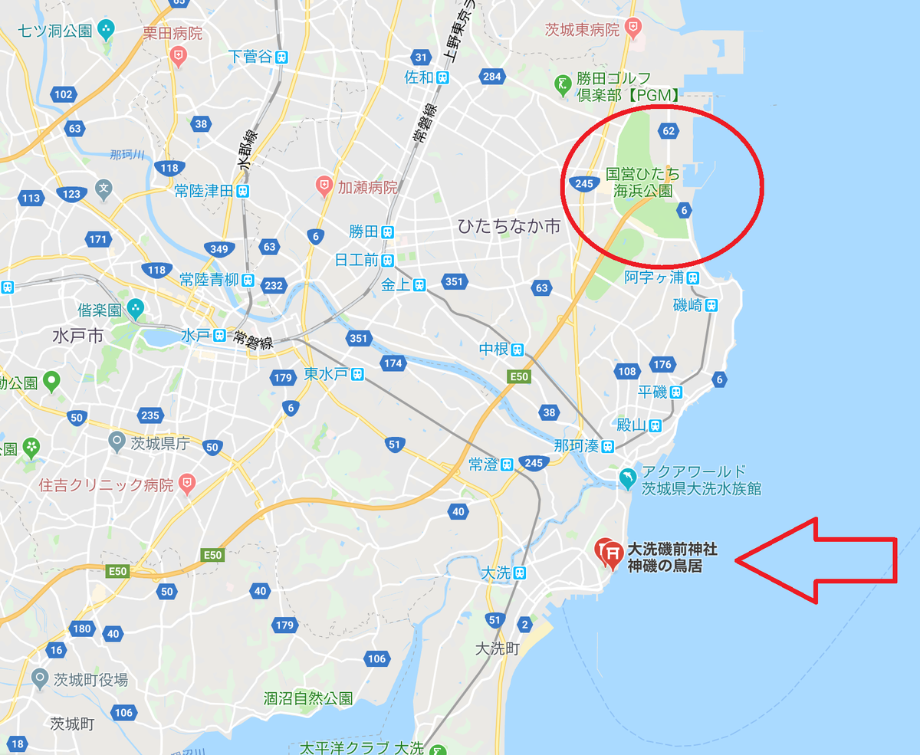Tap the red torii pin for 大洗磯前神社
(x=609, y=552)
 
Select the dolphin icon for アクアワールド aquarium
(x=628, y=478)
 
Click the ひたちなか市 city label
(x=509, y=226)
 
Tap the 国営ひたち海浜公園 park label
(x=642, y=182)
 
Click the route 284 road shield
(x=491, y=77)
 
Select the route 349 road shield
(x=219, y=248)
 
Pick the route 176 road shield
(x=662, y=365)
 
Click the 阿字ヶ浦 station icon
(x=693, y=277)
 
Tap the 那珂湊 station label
(x=577, y=446)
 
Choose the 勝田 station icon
(x=388, y=231)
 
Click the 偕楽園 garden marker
(x=136, y=310)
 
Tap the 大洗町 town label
(x=498, y=649)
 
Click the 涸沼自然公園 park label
(x=308, y=698)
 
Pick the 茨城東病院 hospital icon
(x=633, y=30)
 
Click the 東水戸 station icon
(x=357, y=374)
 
